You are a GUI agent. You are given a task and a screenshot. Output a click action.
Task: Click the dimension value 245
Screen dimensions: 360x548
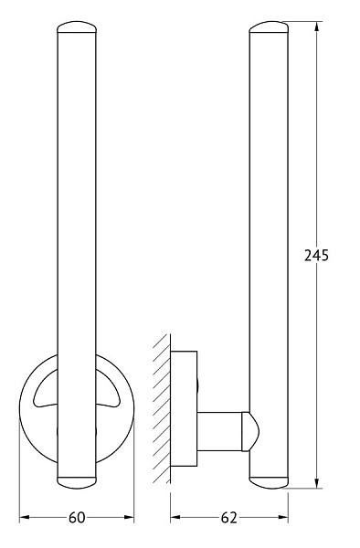[316, 256]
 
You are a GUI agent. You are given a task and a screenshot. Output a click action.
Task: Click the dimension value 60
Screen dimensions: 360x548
[77, 518]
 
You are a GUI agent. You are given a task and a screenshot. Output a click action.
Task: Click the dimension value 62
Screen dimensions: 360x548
[229, 518]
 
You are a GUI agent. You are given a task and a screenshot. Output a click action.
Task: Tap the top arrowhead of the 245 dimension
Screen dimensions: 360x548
[317, 26]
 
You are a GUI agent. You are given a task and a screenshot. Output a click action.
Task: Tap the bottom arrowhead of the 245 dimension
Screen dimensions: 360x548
[317, 483]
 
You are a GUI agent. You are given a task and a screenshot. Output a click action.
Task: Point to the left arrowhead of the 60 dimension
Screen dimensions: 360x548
[25, 517]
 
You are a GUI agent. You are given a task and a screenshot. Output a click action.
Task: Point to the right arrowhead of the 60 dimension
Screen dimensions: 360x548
[129, 517]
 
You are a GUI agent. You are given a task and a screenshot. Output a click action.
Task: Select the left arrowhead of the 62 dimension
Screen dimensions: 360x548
[175, 517]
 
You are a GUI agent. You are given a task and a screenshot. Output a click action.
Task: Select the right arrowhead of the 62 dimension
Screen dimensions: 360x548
[282, 517]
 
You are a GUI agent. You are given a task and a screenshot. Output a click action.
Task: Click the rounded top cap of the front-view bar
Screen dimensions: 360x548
[77, 27]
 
